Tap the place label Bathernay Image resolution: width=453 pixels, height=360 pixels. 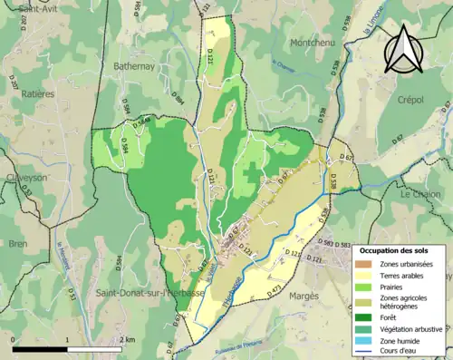coord(136,66)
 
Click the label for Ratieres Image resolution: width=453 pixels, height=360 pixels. coord(31,93)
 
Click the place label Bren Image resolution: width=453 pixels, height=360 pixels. coord(17,244)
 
